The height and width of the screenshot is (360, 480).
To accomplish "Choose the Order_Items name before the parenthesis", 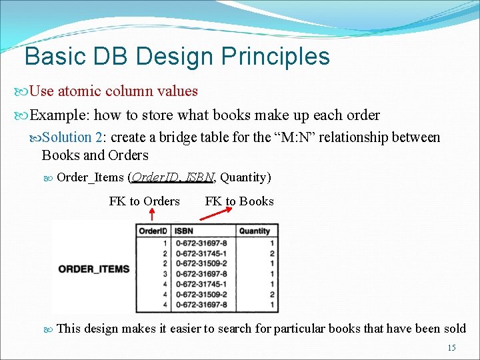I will click(x=90, y=177).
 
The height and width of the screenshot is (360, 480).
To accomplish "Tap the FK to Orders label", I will click(x=144, y=201).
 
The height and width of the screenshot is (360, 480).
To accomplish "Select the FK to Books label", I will click(x=239, y=201).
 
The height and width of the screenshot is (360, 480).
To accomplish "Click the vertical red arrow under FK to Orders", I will click(x=151, y=214).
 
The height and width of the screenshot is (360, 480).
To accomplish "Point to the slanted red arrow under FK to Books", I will click(x=215, y=213).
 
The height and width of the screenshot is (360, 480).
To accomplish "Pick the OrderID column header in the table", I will click(x=153, y=231).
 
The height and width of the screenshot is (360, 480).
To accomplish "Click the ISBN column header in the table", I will click(x=183, y=231).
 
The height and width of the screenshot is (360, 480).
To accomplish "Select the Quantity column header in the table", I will click(x=255, y=231).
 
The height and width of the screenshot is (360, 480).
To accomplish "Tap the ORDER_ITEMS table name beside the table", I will click(x=94, y=269).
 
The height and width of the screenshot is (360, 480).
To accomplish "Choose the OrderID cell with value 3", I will click(x=164, y=273).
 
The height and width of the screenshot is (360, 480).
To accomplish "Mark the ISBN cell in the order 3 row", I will click(x=201, y=273).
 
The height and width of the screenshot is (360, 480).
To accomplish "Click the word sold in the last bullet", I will click(x=453, y=328).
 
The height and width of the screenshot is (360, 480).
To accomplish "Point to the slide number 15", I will click(x=451, y=348).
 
